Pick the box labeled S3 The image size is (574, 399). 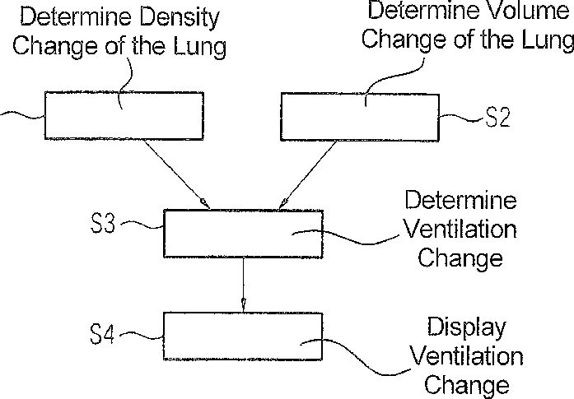coord(244,234)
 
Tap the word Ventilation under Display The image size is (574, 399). coord(466,356)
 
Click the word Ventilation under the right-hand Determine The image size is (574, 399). coord(461,230)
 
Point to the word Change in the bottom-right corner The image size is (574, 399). coord(465,384)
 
